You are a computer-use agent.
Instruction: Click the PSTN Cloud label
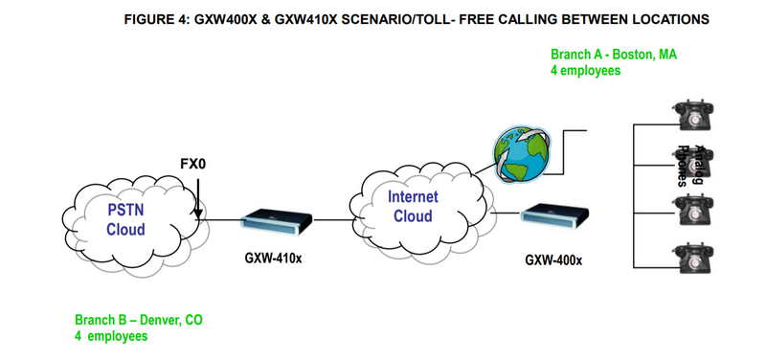point(125,219)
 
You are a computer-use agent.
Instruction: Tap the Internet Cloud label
point(413,206)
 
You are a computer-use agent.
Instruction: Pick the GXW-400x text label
point(554,259)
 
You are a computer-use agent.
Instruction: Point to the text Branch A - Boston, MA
point(613,56)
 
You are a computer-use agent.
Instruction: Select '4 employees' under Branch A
point(586,71)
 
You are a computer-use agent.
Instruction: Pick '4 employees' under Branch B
point(111,336)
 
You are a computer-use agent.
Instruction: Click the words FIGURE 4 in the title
point(157,19)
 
